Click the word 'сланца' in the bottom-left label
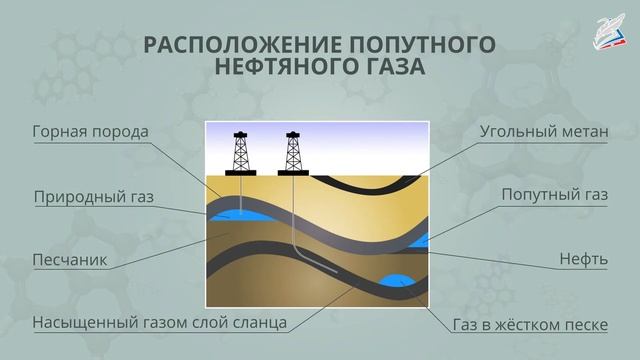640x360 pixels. (x=262, y=323)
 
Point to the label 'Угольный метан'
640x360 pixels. (x=544, y=131)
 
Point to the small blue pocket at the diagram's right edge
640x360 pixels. (x=423, y=239)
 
